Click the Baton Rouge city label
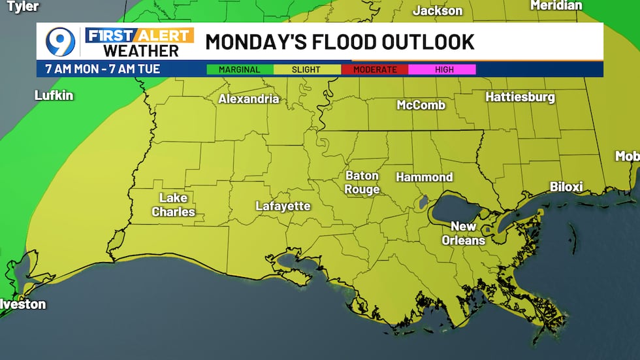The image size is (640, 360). click(362, 183)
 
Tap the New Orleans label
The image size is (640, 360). click(463, 233)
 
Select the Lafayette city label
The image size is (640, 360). click(283, 206)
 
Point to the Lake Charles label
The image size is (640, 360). click(173, 205)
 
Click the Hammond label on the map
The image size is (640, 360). click(424, 177)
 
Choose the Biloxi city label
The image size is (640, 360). click(566, 187)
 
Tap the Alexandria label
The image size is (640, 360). click(248, 99)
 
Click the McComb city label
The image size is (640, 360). click(421, 105)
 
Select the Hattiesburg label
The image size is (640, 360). click(520, 97)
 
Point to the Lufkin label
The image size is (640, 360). click(54, 95)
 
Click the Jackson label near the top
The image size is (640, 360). click(437, 10)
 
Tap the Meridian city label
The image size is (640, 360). click(556, 5)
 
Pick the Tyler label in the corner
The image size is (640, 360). click(22, 7)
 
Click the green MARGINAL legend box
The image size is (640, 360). click(239, 69)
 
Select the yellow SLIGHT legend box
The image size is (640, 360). click(306, 69)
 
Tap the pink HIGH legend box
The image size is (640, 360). click(441, 69)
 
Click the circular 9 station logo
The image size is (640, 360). click(60, 42)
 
